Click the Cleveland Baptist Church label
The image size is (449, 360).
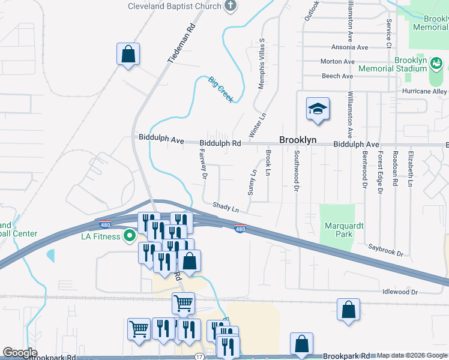[x=173, y=7]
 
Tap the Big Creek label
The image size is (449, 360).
[x=220, y=89]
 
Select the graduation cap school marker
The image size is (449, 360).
[x=318, y=109]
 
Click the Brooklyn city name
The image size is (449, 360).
[x=297, y=140]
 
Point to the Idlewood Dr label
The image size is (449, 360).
[x=400, y=292]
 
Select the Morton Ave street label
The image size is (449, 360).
[x=337, y=61]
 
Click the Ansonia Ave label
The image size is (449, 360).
[x=349, y=47]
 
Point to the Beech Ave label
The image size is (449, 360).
[x=337, y=76]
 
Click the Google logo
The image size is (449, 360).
[x=20, y=352]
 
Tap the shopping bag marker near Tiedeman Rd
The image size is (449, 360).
[x=128, y=55]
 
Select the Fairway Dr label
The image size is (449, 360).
[x=202, y=165]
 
